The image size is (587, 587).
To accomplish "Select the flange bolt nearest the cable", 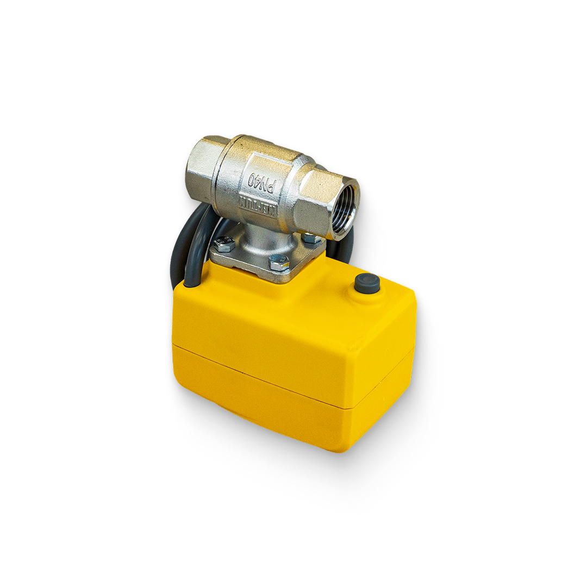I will tap(223, 244).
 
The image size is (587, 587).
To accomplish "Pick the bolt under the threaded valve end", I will tap(310, 238).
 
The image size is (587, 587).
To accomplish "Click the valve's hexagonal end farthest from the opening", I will tap(204, 168).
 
